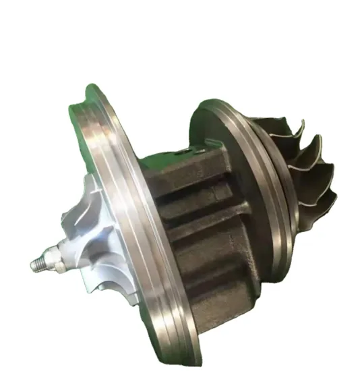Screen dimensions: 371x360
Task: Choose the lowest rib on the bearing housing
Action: click(216, 297)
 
